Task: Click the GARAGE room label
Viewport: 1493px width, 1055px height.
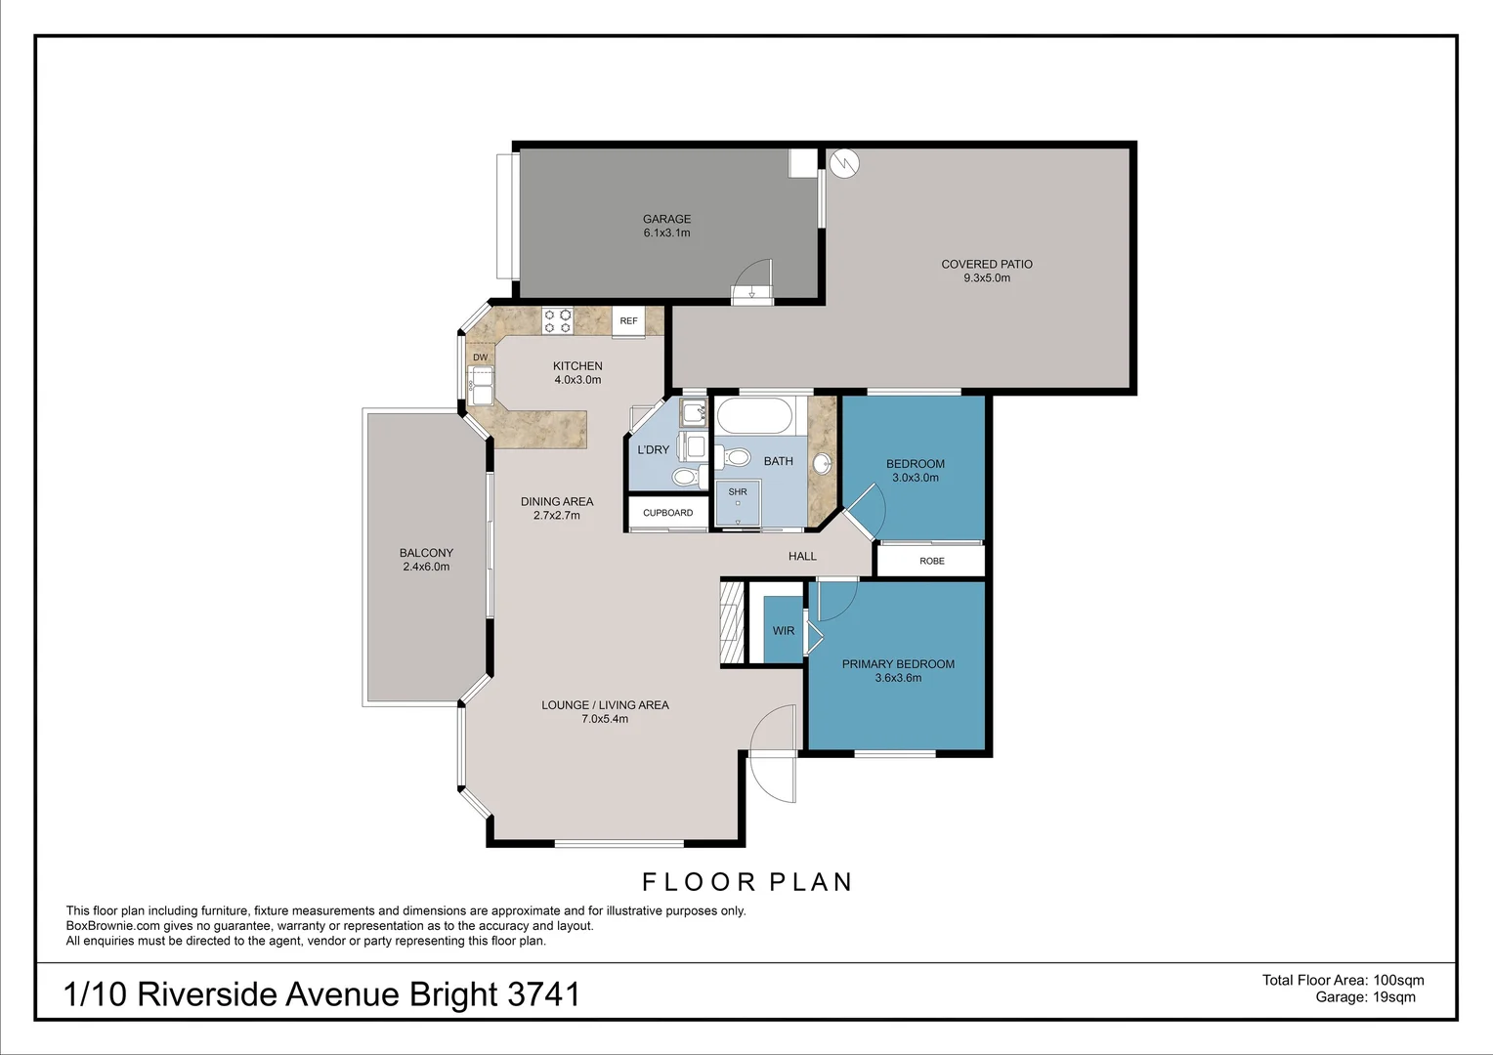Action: pyautogui.click(x=666, y=219)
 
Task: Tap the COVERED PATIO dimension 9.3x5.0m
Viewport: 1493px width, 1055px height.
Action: pyautogui.click(x=987, y=278)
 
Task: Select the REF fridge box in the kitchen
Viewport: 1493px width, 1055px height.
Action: pyautogui.click(x=628, y=321)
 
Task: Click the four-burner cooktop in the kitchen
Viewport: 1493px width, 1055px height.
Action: pyautogui.click(x=557, y=320)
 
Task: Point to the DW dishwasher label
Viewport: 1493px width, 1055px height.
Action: pyautogui.click(x=480, y=358)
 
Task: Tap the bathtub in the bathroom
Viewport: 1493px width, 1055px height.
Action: pyautogui.click(x=753, y=416)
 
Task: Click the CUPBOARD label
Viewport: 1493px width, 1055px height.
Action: pyautogui.click(x=667, y=513)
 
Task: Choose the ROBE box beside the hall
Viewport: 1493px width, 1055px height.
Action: pyautogui.click(x=931, y=561)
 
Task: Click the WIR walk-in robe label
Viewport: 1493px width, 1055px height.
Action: pyautogui.click(x=783, y=631)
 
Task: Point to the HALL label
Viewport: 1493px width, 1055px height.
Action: pyautogui.click(x=802, y=556)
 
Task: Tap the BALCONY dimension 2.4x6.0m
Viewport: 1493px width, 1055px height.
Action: pyautogui.click(x=426, y=568)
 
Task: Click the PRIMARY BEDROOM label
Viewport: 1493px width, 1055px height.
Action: pyautogui.click(x=898, y=664)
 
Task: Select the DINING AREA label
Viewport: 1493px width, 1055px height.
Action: pyautogui.click(x=557, y=501)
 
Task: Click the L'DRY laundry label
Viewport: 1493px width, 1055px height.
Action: pyautogui.click(x=653, y=450)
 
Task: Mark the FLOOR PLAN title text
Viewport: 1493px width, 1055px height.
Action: pyautogui.click(x=747, y=882)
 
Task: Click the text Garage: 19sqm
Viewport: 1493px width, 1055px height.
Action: pyautogui.click(x=1365, y=997)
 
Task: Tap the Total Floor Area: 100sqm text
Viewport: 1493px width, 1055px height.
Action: pyautogui.click(x=1343, y=980)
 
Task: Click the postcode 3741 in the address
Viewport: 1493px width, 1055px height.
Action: pyautogui.click(x=543, y=994)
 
